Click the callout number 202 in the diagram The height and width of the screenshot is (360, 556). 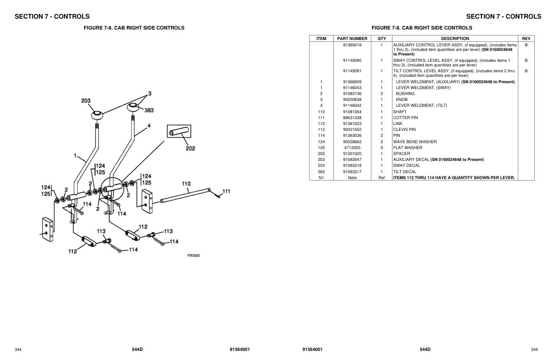190,149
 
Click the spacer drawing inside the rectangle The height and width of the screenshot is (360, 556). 178,132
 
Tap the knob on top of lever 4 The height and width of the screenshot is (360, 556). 133,107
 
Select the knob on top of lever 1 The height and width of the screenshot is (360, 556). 97,114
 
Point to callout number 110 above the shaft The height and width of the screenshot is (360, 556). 186,184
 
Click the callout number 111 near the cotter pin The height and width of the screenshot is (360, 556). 226,191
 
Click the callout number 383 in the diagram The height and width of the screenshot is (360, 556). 149,110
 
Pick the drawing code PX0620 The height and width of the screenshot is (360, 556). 194,255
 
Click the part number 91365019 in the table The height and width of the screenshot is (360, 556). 352,45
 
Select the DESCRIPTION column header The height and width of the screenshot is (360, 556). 455,39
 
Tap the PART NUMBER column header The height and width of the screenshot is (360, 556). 352,39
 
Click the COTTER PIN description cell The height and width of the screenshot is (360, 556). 406,118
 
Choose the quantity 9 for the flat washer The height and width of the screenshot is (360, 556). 382,148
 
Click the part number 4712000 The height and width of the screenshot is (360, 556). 352,148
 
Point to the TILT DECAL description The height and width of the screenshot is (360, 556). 405,172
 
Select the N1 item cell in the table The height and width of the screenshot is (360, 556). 321,178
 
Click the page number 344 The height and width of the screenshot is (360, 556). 18,349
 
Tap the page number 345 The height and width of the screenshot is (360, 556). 534,349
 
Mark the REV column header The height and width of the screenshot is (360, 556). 526,39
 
